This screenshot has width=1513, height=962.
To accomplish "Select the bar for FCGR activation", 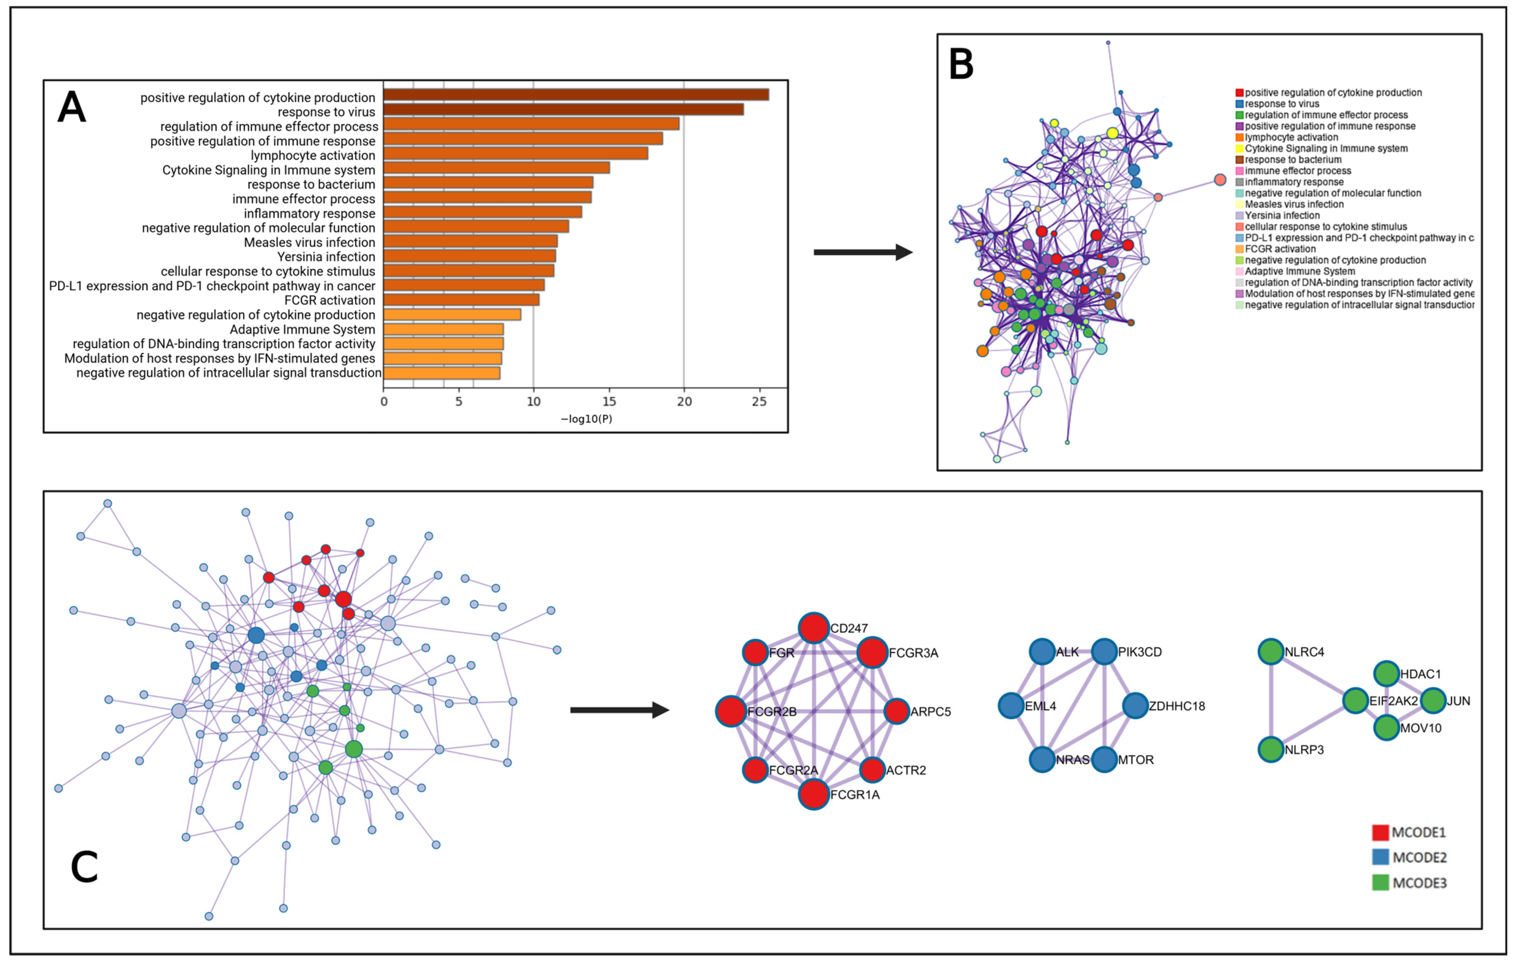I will [x=461, y=300].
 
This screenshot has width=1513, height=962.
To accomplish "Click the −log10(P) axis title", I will [x=586, y=419].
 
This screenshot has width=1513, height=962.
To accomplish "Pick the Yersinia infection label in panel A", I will [x=326, y=257].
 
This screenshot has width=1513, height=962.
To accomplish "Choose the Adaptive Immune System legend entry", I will [x=1299, y=271].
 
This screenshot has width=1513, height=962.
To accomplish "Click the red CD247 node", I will [x=814, y=628].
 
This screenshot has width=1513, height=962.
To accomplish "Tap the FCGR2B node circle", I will [x=731, y=711].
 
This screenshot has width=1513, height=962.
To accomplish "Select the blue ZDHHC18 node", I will [x=1135, y=706].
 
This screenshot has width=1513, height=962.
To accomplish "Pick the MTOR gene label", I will [x=1136, y=760].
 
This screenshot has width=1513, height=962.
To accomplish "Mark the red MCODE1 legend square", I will [x=1380, y=833].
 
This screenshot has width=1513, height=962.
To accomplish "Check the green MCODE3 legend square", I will [x=1380, y=883].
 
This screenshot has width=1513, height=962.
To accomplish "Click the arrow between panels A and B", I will [x=863, y=252].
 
